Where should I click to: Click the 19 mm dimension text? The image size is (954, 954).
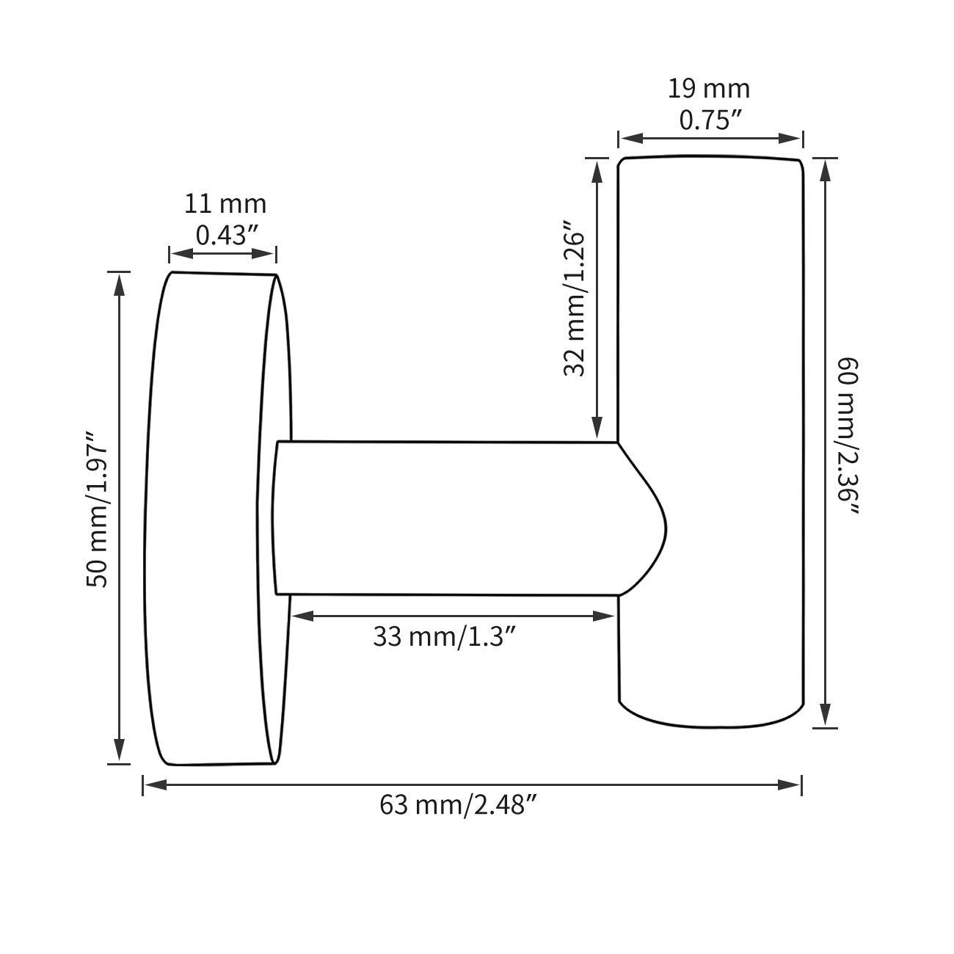point(709,89)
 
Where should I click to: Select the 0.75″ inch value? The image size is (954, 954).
point(709,120)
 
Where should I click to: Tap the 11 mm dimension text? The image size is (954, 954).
point(225,203)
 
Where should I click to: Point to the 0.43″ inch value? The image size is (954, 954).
point(225,235)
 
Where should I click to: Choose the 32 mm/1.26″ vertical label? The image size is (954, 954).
point(575,298)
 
